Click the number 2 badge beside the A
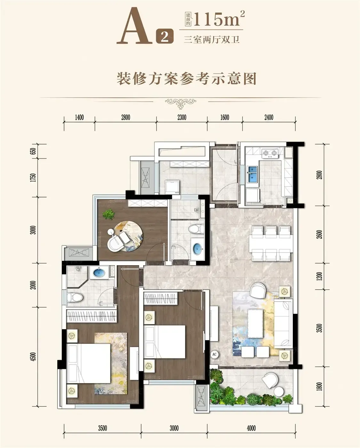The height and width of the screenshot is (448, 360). (165, 36)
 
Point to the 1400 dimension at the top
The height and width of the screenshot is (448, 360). (79, 117)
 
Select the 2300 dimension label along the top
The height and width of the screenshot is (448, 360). (182, 117)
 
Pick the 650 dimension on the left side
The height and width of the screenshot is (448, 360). (33, 151)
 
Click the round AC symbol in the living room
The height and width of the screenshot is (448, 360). (214, 354)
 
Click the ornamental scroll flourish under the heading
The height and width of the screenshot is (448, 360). (180, 103)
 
